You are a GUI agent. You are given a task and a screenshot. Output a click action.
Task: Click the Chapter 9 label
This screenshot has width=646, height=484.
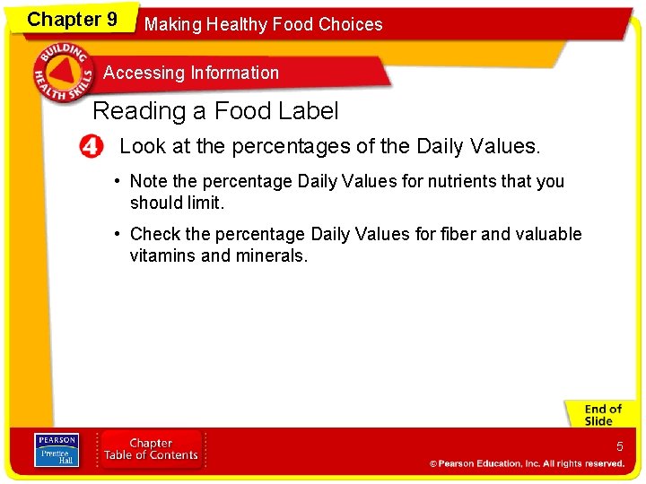pyautogui.click(x=72, y=19)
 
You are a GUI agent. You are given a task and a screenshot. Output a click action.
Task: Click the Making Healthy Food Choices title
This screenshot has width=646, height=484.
pyautogui.click(x=263, y=24)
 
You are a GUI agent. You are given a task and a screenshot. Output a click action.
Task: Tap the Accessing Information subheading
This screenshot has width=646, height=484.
pyautogui.click(x=191, y=73)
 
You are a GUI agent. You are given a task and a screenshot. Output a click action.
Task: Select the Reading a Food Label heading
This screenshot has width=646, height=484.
pyautogui.click(x=215, y=111)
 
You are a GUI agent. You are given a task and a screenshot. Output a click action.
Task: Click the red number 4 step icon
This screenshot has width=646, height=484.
pyautogui.click(x=92, y=146)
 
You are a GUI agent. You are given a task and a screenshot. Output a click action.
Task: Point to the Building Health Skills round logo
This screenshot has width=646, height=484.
pyautogui.click(x=62, y=73)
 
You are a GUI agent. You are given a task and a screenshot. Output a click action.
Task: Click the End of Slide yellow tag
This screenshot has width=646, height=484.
pyautogui.click(x=602, y=415)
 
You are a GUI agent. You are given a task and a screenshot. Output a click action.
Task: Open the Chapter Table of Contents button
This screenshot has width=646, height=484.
pyautogui.click(x=151, y=449)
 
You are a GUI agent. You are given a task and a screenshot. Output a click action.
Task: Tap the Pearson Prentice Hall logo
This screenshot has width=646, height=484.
pyautogui.click(x=56, y=449)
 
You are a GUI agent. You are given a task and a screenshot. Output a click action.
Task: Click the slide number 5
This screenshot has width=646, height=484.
pyautogui.click(x=619, y=446)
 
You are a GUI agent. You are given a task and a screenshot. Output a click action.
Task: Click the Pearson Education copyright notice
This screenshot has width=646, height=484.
pyautogui.click(x=527, y=463)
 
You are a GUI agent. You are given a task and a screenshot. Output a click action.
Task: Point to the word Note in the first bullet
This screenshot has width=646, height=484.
pyautogui.click(x=149, y=181)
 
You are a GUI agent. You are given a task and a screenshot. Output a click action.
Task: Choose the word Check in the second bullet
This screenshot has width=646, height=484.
pyautogui.click(x=154, y=234)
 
